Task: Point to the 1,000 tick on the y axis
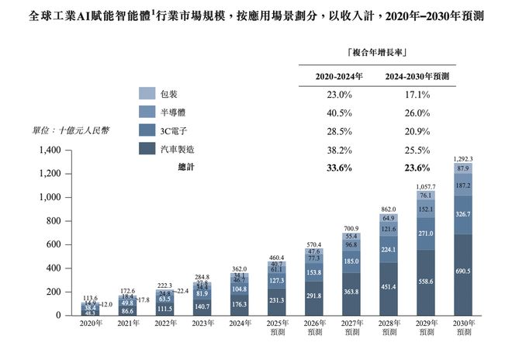pyautogui.click(x=49, y=197)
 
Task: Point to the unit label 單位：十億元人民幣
pyautogui.click(x=71, y=130)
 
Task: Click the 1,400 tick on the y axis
pyautogui.click(x=49, y=150)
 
